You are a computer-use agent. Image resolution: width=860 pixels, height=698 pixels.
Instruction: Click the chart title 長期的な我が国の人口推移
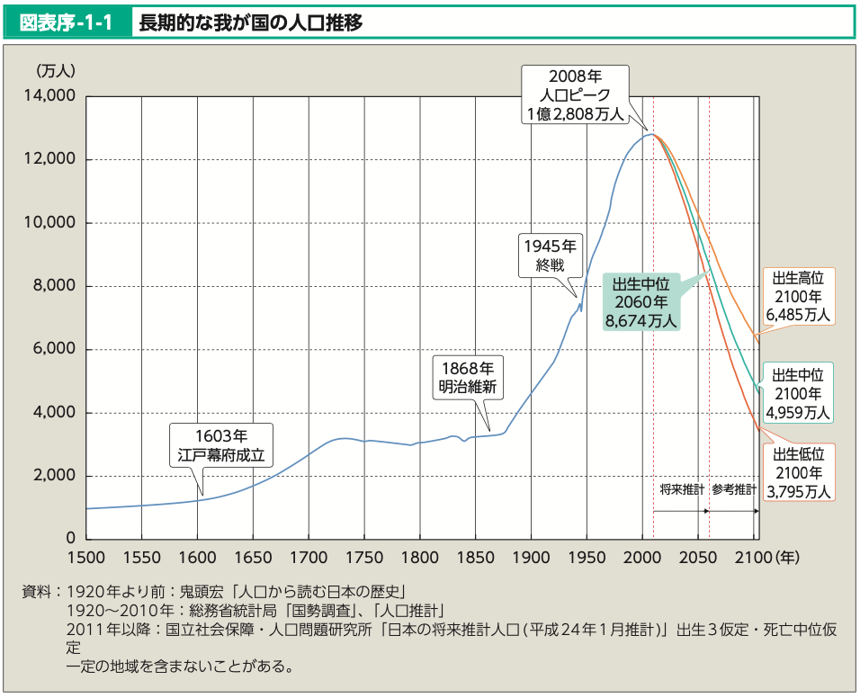pos(251,22)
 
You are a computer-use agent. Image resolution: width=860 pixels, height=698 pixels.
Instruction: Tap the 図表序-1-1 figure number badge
pos(67,22)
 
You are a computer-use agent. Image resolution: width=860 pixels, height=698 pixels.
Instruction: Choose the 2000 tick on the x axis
pos(642,558)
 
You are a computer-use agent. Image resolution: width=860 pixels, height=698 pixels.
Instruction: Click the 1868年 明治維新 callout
pos(468,378)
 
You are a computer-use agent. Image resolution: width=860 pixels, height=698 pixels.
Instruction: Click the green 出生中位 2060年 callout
pos(642,301)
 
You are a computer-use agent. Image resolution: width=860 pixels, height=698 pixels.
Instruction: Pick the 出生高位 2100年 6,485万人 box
pos(797,296)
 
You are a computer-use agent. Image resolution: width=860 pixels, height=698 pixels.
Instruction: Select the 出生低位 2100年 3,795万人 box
pos(797,471)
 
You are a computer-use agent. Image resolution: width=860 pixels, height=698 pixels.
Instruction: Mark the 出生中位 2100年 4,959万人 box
pos(797,393)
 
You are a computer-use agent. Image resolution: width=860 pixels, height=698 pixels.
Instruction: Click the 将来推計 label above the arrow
pos(681,490)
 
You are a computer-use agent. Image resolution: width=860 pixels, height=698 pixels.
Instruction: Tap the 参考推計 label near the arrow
pos(734,490)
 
